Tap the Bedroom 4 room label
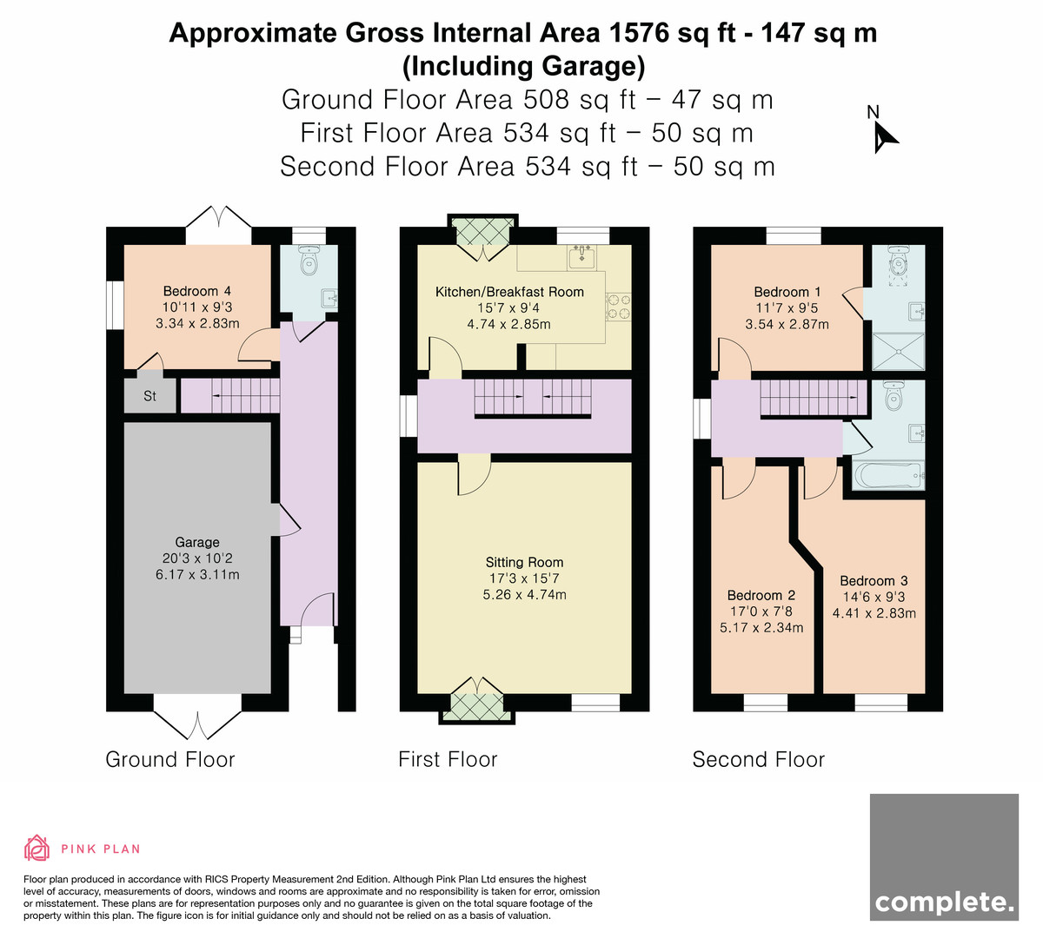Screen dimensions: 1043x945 pos(197,291)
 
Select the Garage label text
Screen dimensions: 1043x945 pos(197,542)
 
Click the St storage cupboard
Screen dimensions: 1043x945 pos(149,395)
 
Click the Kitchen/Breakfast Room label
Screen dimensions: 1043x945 pos(509,292)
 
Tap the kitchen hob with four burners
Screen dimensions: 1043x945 pos(619,307)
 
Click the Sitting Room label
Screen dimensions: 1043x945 pos(524,562)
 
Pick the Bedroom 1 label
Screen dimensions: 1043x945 pos(787,292)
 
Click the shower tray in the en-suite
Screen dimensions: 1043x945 pos(899,352)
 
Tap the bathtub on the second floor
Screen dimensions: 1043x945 pos(888,474)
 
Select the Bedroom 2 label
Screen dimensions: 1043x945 pos(761,595)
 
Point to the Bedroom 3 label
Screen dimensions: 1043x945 pos(874,580)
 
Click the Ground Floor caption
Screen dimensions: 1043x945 pos(170,759)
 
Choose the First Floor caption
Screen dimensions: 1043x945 pos(448,759)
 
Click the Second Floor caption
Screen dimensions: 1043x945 pos(758,759)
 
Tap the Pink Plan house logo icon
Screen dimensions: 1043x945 pos(37,848)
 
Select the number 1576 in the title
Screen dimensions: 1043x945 pos(639,33)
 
